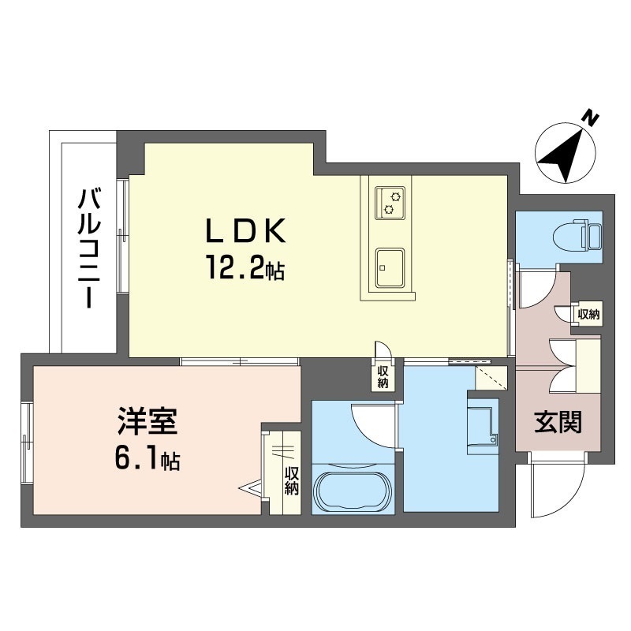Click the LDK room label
tap(245, 230)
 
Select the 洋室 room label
tap(147, 421)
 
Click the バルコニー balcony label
tap(89, 249)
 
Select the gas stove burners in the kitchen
tap(390, 203)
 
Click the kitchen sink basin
tap(390, 267)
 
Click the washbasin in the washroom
tap(483, 428)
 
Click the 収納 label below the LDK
tap(383, 377)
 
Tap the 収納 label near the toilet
tap(588, 314)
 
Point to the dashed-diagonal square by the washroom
tap(491, 378)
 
